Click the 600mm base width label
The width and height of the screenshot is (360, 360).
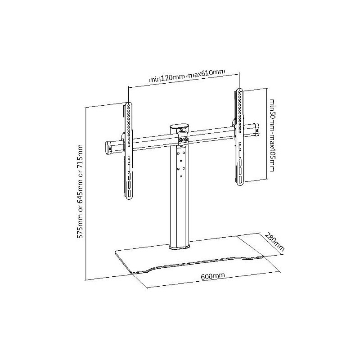tap(213, 276)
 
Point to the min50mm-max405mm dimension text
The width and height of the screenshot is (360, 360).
tap(272, 135)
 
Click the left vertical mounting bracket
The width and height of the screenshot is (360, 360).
tap(129, 151)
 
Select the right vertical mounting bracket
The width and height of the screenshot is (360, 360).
tap(239, 137)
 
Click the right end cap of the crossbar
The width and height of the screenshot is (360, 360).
tap(256, 129)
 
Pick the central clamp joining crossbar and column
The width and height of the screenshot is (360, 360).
tap(183, 138)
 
